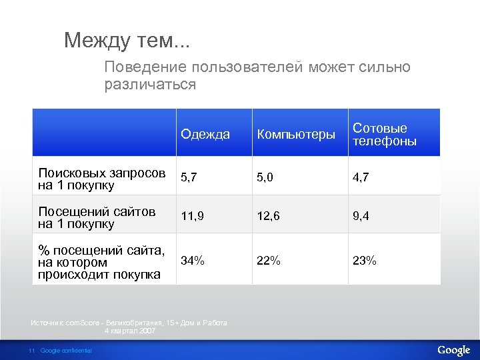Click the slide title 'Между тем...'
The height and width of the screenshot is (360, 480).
127,41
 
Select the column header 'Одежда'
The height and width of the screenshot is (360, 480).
205,135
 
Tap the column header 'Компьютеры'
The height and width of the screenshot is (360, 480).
296,135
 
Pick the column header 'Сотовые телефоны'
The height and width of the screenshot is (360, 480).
384,135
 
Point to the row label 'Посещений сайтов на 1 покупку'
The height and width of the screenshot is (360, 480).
97,217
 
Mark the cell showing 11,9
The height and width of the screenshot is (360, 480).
193,216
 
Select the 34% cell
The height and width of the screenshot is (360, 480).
193,261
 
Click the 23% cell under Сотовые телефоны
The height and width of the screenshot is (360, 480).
364,261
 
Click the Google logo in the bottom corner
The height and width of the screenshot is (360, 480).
453,350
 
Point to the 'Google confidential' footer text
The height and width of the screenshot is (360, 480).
66,351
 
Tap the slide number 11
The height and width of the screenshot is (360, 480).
31,351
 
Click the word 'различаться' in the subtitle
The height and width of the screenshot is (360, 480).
150,85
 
